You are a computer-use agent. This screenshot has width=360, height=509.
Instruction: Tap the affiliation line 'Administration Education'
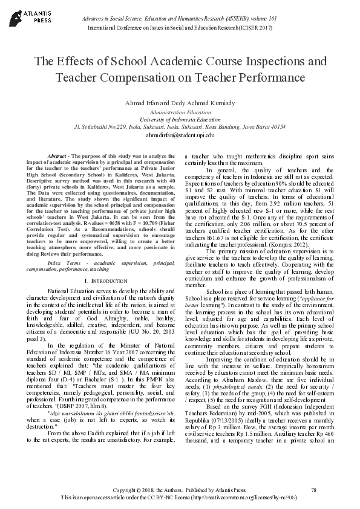[180, 113]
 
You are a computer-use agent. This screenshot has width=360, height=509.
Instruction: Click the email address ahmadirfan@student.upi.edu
[180, 135]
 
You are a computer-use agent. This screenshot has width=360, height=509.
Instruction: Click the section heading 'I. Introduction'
[105, 281]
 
